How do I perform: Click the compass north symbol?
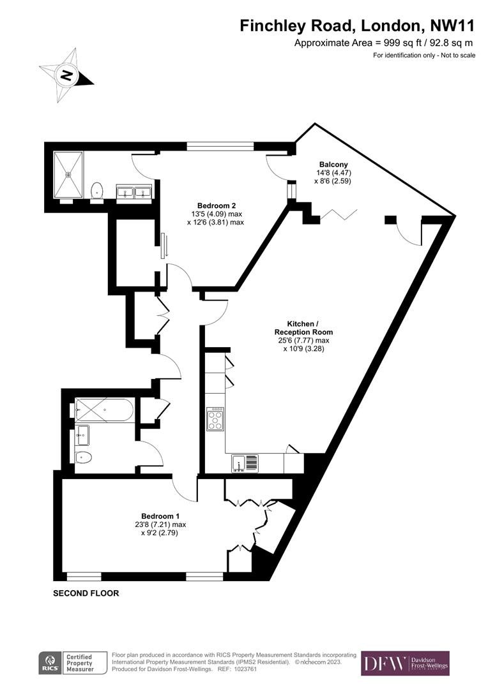pyautogui.click(x=66, y=75)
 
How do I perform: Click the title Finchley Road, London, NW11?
pyautogui.click(x=357, y=26)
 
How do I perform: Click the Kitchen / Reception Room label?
pyautogui.click(x=303, y=328)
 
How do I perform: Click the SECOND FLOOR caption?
pyautogui.click(x=86, y=593)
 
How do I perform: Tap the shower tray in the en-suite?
pyautogui.click(x=68, y=174)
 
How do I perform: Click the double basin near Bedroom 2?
pyautogui.click(x=134, y=191)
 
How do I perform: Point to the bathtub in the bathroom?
pyautogui.click(x=103, y=410)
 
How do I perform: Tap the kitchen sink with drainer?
pyautogui.click(x=245, y=463)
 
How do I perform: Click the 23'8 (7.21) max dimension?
pyautogui.click(x=156, y=524)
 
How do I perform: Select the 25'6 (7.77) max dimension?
pyautogui.click(x=303, y=341)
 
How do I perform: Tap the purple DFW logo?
pyautogui.click(x=405, y=663)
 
